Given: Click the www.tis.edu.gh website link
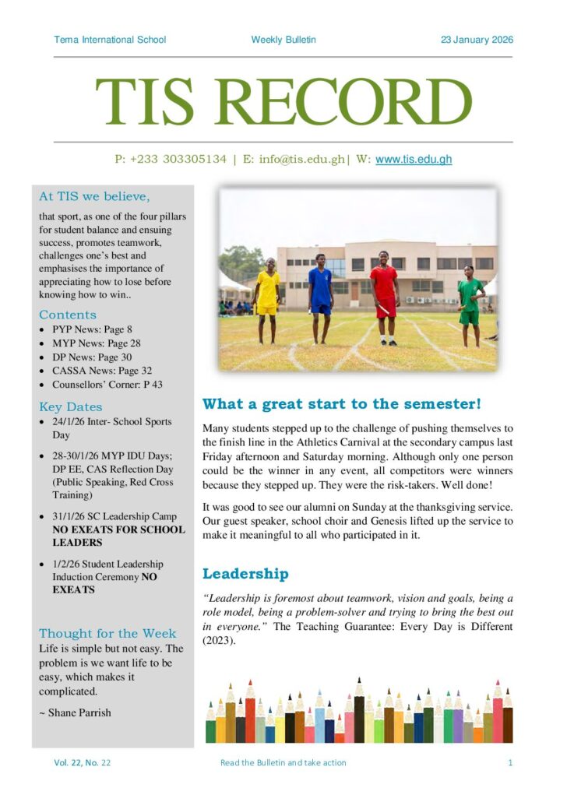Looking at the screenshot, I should pyautogui.click(x=414, y=159).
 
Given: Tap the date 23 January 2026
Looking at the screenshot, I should pyautogui.click(x=477, y=40).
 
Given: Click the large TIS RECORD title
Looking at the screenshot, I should pyautogui.click(x=283, y=102).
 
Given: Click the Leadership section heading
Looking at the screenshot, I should pyautogui.click(x=245, y=574).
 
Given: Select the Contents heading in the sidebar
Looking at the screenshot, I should pyautogui.click(x=68, y=315).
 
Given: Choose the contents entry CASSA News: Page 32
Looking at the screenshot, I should pyautogui.click(x=102, y=371).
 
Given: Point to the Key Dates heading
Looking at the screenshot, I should pyautogui.click(x=71, y=406).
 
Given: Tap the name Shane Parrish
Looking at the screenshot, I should pyautogui.click(x=79, y=712).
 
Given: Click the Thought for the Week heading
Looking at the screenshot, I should pyautogui.click(x=107, y=633).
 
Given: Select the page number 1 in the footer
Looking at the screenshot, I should pyautogui.click(x=510, y=762).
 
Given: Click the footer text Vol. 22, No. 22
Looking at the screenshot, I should pyautogui.click(x=82, y=762).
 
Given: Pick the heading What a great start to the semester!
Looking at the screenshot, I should pyautogui.click(x=342, y=403).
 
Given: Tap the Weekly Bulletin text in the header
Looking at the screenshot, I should pyautogui.click(x=283, y=40).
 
